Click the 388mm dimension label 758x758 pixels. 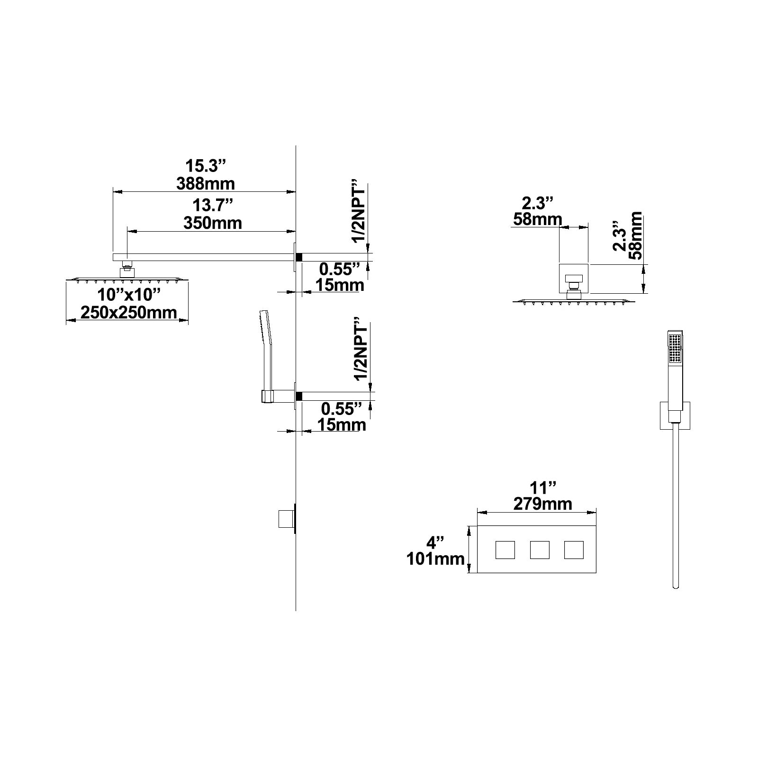tap(205, 183)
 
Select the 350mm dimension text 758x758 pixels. tap(213, 223)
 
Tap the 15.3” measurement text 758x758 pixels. tap(206, 166)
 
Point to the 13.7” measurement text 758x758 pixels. tap(213, 206)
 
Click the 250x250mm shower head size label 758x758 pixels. tap(128, 312)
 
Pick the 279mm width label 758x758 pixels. tap(543, 504)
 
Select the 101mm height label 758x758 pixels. tap(435, 559)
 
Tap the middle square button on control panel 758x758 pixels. tap(540, 550)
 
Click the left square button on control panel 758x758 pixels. tap(505, 550)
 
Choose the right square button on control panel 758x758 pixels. tap(574, 550)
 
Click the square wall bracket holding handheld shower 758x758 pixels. tap(675, 415)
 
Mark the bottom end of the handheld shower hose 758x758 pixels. tap(675, 588)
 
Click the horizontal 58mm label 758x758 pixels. tap(538, 219)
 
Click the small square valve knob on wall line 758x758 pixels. tap(284, 519)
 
